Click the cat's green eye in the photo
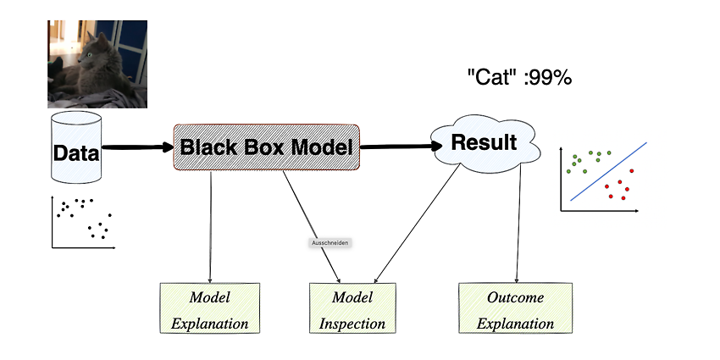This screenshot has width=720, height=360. [89, 55]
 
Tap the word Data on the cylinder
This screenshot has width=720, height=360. [76, 153]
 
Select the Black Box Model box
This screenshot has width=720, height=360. [266, 147]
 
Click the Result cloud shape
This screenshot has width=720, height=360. [485, 143]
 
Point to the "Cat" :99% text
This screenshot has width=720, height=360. [519, 78]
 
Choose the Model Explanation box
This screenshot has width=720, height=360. [210, 308]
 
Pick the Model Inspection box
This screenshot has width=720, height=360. [352, 308]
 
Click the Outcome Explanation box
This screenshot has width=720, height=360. [516, 308]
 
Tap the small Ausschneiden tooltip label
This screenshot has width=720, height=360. [330, 243]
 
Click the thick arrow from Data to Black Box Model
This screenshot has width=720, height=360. [138, 147]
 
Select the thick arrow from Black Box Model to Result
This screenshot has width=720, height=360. [402, 147]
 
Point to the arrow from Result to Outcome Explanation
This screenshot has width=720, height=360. [519, 224]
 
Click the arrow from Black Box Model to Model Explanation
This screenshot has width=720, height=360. [211, 227]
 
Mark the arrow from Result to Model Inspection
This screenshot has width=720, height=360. [417, 224]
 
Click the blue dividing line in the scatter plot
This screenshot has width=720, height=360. [609, 171]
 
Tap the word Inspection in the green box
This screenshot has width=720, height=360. [352, 324]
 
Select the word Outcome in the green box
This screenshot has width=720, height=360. [516, 297]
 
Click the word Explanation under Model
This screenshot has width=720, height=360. [210, 324]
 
